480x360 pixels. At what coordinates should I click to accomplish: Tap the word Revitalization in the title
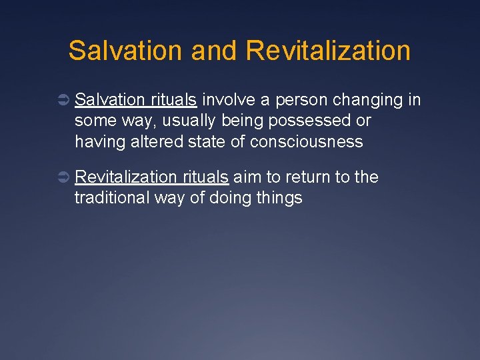tap(327, 51)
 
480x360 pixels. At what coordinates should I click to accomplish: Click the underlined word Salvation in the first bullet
tap(109, 100)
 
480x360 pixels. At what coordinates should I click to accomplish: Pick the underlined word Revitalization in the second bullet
tap(126, 177)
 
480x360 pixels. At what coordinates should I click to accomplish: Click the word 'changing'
tap(366, 101)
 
